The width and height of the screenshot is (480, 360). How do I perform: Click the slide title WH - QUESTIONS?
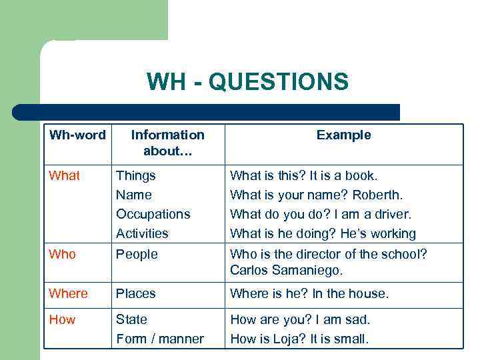click(247, 82)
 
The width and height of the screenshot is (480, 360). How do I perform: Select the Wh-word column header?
click(77, 135)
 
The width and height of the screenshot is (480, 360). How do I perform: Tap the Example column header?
click(343, 135)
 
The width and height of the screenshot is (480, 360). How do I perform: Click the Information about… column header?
click(167, 143)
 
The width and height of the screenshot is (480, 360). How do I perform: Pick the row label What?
click(65, 176)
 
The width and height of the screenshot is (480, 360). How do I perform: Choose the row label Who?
click(63, 255)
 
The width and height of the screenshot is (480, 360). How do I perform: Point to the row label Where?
click(68, 294)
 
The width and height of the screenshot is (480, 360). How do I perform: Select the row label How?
click(63, 320)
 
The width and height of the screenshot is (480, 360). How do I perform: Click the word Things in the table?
click(136, 176)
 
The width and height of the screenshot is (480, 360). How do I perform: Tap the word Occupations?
click(153, 215)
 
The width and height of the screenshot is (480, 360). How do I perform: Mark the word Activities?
click(142, 234)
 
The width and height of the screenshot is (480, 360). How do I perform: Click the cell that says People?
click(136, 255)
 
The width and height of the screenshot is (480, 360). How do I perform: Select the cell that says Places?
click(136, 294)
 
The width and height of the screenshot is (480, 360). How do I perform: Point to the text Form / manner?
click(160, 339)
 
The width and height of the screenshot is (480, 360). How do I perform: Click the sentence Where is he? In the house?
click(309, 294)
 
